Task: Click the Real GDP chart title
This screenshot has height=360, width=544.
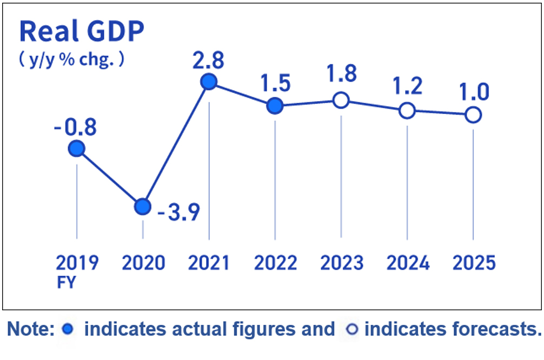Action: pos(82,32)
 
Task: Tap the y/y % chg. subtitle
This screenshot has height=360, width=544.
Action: pos(72,59)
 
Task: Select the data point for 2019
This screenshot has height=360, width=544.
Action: pos(77,149)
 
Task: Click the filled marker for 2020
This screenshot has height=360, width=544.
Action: pos(142,206)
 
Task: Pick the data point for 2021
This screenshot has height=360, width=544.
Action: pos(209,82)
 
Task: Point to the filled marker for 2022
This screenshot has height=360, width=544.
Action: pos(275,106)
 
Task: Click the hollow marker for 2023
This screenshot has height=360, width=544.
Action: pos(341,101)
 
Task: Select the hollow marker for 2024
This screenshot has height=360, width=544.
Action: pos(407,111)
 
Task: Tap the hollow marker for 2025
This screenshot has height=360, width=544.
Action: pos(473,115)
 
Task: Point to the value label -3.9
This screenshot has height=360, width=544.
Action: pos(178,210)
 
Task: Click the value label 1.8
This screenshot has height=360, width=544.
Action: pos(342,74)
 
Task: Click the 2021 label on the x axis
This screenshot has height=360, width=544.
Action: pos(209,263)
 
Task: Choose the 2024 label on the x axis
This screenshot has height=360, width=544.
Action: pos(408,263)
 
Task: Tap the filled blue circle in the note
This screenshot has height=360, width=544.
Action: pos(68,329)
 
